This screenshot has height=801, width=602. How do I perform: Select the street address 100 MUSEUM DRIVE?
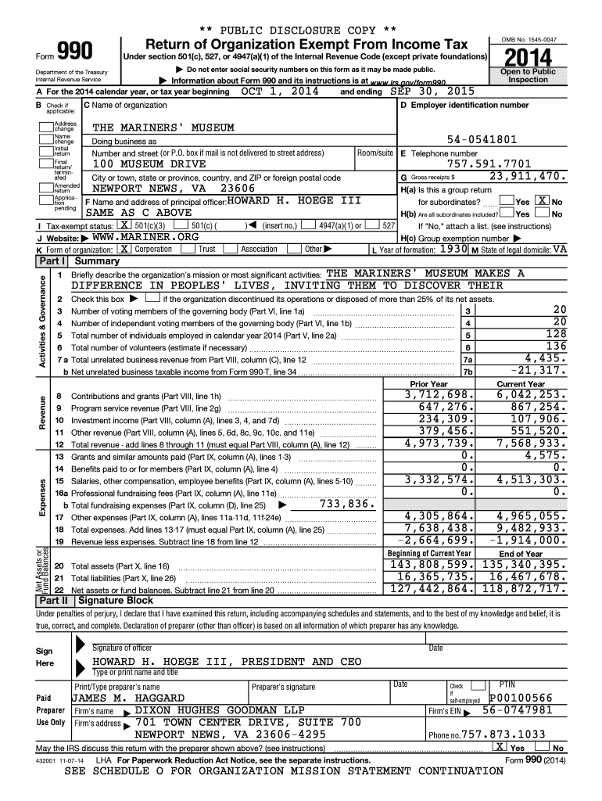click(x=149, y=164)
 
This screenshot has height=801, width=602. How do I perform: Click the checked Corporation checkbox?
click(x=124, y=249)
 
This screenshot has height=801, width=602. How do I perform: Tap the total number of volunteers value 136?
click(x=556, y=347)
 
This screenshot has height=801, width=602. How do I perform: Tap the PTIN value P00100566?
click(x=521, y=698)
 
